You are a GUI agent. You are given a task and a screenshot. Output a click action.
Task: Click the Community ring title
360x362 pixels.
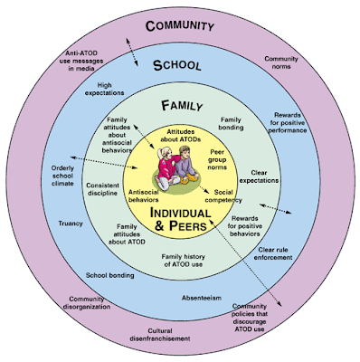(x=180, y=26)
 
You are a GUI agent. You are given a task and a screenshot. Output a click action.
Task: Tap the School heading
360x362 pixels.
(x=177, y=65)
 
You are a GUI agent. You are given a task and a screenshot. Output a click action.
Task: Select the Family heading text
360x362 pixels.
(x=182, y=106)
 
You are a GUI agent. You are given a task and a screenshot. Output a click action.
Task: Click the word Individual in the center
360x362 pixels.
(x=180, y=213)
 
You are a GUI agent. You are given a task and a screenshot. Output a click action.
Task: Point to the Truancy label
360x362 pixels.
(x=71, y=224)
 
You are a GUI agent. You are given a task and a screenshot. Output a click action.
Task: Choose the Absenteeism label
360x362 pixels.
(x=202, y=298)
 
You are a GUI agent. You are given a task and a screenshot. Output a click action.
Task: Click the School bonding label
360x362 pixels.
(x=109, y=275)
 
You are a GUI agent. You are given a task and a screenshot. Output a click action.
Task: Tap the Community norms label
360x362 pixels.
(x=281, y=62)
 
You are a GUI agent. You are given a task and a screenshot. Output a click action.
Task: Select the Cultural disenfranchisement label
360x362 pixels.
(x=160, y=335)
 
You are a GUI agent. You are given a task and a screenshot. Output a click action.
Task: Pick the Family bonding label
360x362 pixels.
(x=231, y=124)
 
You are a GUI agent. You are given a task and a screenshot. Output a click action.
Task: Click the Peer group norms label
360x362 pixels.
(x=217, y=159)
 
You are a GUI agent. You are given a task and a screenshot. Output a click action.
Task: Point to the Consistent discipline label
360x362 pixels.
(x=102, y=189)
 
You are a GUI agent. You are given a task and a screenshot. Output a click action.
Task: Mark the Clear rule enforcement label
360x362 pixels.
(x=273, y=253)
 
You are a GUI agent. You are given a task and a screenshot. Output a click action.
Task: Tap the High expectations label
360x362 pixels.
(x=104, y=89)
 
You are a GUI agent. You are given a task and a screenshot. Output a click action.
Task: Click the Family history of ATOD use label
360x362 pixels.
(x=184, y=261)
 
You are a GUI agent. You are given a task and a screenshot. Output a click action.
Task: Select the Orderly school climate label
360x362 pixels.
(x=62, y=176)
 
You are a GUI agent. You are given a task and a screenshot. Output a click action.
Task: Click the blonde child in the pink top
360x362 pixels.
(x=166, y=167)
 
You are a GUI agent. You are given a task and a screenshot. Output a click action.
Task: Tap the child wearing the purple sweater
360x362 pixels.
(x=186, y=165)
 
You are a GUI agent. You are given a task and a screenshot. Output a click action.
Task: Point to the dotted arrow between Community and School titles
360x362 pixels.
(x=132, y=52)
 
